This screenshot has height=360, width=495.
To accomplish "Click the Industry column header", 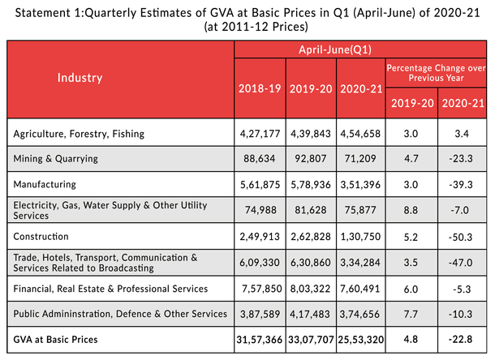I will click(80, 78).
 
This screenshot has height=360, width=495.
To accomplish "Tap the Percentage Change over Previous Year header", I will click(437, 71).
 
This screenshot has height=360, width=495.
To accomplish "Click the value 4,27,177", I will click(260, 133).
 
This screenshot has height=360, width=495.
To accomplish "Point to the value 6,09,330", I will click(260, 262).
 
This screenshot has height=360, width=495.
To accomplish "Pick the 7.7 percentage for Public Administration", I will click(411, 314).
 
